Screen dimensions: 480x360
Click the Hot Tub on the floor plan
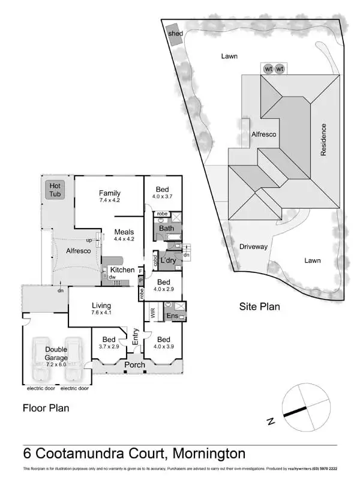point(55,190)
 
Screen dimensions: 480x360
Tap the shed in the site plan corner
point(175,34)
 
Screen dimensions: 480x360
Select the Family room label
point(110,193)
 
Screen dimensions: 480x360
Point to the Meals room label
point(124,232)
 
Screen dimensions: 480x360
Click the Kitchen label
point(122,270)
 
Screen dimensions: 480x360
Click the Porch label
point(134,365)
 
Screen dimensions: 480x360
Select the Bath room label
point(166,229)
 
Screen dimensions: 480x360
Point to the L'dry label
point(168,260)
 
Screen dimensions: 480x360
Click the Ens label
point(172,316)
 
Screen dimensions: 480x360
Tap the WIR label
point(152,313)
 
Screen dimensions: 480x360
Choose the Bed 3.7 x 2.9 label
point(109,339)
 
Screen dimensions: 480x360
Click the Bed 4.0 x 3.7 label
point(162,190)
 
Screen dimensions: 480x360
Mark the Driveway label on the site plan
point(253,247)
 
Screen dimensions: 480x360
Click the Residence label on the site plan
point(323,140)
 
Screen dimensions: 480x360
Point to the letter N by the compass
point(271,421)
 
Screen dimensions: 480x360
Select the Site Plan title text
point(260,307)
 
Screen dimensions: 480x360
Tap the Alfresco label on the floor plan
point(78,251)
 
